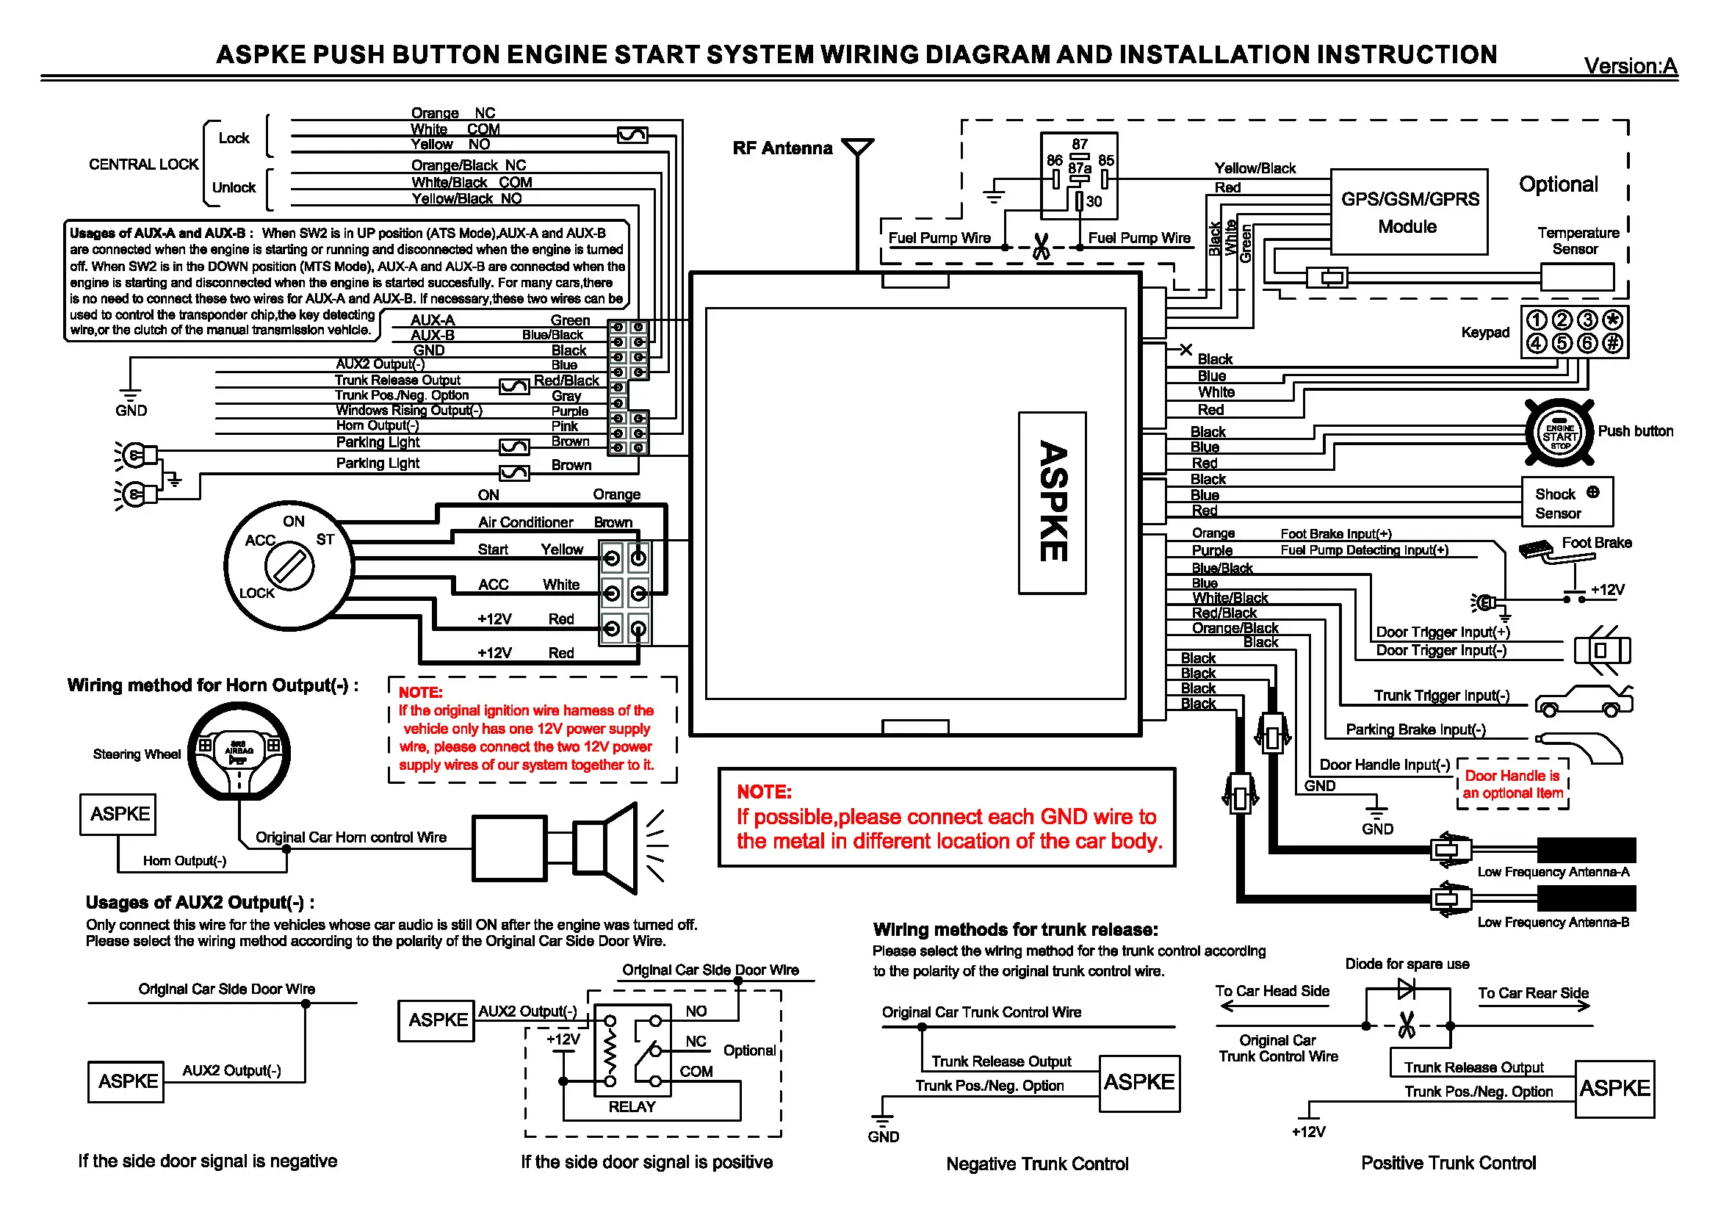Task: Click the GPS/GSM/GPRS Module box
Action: click(1408, 212)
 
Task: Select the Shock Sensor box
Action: click(1567, 502)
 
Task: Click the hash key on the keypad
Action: click(1611, 343)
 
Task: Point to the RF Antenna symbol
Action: click(856, 147)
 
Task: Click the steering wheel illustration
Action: click(239, 752)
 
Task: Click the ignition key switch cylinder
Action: click(289, 566)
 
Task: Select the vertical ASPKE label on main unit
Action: click(1052, 502)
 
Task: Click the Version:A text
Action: click(1631, 66)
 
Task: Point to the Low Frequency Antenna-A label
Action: click(1553, 872)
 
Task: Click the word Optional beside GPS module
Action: click(1558, 184)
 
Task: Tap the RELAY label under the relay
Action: click(632, 1106)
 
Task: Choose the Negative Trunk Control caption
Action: click(1037, 1164)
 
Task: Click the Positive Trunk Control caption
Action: click(1448, 1163)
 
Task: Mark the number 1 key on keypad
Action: click(1536, 320)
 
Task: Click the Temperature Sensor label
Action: click(1577, 241)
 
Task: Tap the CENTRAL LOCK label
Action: click(144, 165)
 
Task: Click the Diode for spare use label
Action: click(1407, 964)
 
